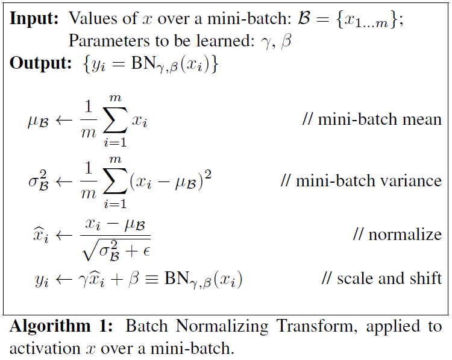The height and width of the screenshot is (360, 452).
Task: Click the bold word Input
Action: [34, 19]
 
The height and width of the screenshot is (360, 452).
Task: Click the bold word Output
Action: [40, 63]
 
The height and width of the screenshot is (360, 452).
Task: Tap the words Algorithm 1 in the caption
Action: [61, 327]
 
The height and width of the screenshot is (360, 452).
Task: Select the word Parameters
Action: [109, 41]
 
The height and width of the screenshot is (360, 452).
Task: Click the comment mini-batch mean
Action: [372, 119]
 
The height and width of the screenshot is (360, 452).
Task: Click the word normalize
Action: [405, 234]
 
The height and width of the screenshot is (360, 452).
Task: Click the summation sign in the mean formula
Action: [116, 120]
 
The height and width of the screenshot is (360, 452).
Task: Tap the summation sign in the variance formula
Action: [116, 181]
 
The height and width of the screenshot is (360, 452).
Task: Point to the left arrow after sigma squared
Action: [64, 182]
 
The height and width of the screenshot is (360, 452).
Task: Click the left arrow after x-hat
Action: [64, 236]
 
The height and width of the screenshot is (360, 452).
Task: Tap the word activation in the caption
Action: [45, 348]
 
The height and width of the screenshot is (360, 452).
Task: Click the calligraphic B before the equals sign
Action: [304, 17]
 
